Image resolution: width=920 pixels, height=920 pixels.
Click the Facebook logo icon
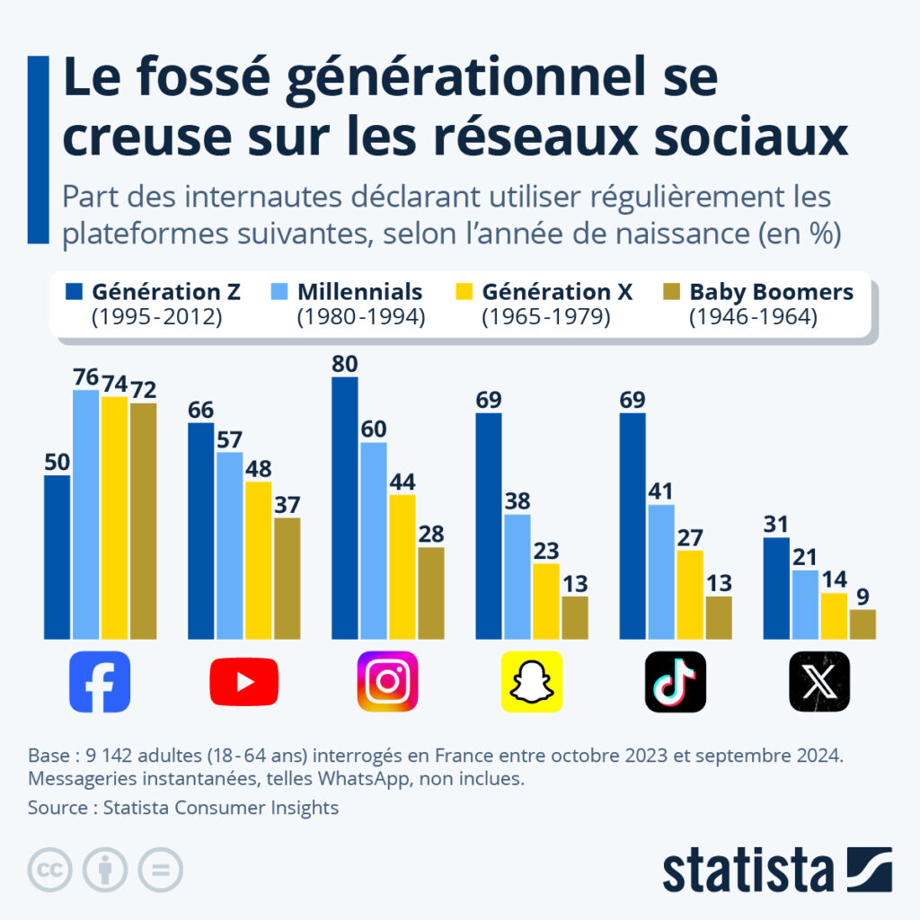click(100, 681)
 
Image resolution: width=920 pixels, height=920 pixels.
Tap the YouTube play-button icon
click(243, 681)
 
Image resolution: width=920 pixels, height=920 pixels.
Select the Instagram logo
click(387, 681)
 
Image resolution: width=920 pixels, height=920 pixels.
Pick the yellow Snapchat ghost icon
click(531, 681)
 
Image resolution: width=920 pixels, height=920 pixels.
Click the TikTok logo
click(675, 681)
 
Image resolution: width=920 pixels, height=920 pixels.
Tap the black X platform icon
click(818, 681)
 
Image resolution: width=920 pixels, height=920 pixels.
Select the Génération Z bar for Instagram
click(345, 508)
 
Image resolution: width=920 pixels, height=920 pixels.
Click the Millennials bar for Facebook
click(86, 514)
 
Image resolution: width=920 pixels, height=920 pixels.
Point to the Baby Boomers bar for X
click(862, 624)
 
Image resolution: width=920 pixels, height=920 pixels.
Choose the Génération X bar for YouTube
click(259, 560)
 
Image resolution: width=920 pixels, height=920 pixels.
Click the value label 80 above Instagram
click(345, 364)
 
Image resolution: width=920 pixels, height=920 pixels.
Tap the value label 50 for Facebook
click(57, 462)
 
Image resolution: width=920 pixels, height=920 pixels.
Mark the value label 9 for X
click(862, 597)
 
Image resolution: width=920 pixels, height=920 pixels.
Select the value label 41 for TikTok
click(661, 491)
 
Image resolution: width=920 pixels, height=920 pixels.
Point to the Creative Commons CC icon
click(50, 870)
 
